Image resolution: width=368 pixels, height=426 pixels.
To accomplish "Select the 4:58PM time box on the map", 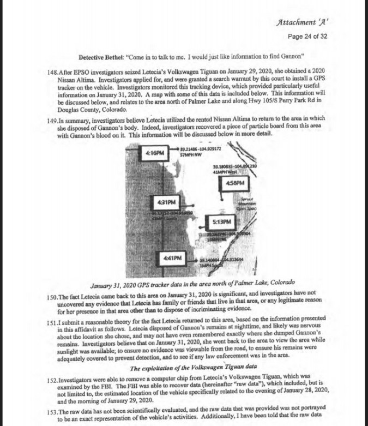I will [234, 182].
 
